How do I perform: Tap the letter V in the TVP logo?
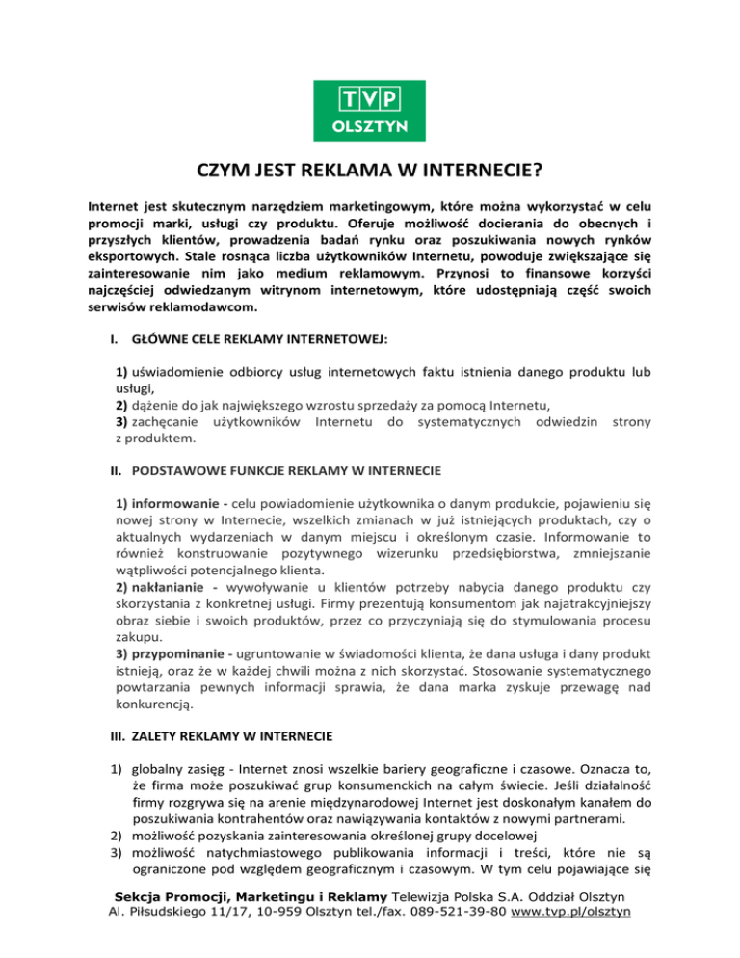pyautogui.click(x=370, y=99)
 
